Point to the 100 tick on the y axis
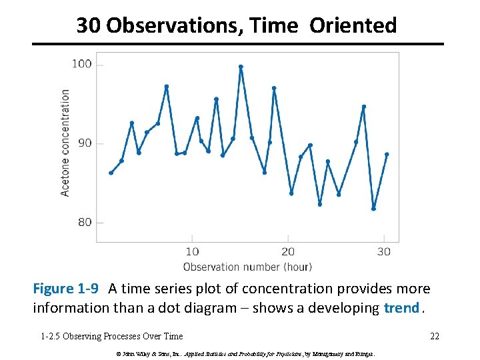click(x=81, y=64)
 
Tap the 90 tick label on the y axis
click(x=85, y=143)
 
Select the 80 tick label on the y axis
click(x=85, y=222)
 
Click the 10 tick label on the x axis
click(x=192, y=251)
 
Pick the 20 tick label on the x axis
click(x=288, y=251)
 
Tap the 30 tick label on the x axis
click(x=384, y=251)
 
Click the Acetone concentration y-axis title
click(x=65, y=143)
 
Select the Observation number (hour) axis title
click(x=247, y=267)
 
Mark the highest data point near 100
click(x=241, y=67)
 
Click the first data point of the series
click(x=111, y=173)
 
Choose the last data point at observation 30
click(x=387, y=154)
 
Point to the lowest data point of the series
click(x=374, y=209)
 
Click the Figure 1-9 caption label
click(x=66, y=289)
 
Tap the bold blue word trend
click(x=402, y=308)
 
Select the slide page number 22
click(x=434, y=336)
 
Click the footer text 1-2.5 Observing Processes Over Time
click(x=111, y=336)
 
